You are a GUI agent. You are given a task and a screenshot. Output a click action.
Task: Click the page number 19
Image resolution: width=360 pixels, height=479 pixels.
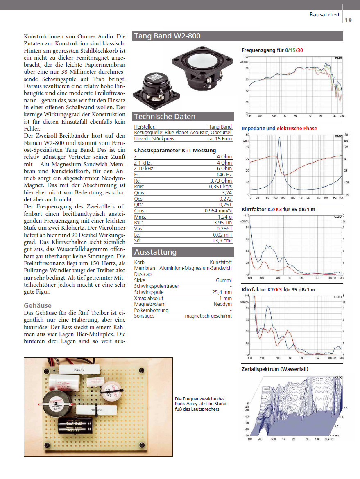tap(348, 20)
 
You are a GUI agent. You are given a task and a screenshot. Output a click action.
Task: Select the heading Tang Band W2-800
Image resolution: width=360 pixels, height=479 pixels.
tap(167, 36)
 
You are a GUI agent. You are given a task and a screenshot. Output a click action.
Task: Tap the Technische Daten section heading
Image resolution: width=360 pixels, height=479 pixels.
tap(165, 117)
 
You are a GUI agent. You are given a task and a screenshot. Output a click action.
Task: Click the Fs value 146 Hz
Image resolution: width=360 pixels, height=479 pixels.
tap(224, 174)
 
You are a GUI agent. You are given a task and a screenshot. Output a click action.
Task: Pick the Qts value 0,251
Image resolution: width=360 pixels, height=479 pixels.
tap(224, 205)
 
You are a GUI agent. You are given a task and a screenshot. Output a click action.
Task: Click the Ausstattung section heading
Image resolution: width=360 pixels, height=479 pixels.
tap(155, 252)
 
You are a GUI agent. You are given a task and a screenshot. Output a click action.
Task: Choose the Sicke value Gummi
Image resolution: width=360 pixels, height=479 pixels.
tap(224, 280)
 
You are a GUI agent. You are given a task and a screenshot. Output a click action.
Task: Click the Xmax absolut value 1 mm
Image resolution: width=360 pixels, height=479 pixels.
tap(225, 298)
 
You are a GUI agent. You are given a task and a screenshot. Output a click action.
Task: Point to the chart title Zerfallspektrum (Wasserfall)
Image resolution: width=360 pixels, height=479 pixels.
tap(275, 369)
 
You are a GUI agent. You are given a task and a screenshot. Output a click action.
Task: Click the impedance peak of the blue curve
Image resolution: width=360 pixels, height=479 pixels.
tap(280, 138)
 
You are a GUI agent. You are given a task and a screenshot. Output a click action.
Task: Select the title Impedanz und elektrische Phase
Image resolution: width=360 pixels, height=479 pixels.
tap(279, 129)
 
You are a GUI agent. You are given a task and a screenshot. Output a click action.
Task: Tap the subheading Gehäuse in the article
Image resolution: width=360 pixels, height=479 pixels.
tap(38, 305)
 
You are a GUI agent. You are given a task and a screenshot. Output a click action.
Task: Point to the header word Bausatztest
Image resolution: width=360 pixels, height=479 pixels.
tap(325, 15)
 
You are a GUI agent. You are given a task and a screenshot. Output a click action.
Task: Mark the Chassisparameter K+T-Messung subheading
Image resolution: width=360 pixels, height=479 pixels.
tap(175, 150)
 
